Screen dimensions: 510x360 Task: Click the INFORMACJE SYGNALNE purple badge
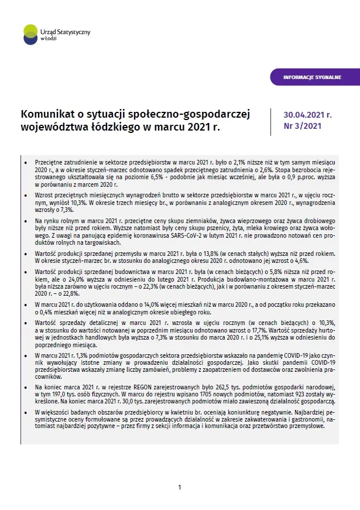313,77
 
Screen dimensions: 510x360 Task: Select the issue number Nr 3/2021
302,125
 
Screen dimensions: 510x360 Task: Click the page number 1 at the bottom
180,487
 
